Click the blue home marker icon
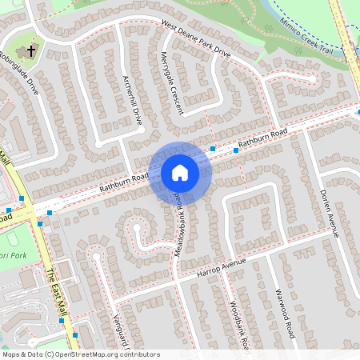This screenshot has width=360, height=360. (179, 173)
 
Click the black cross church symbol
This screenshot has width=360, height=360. (31, 51)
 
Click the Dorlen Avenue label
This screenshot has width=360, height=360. (330, 213)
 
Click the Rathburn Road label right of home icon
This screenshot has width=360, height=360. (263, 138)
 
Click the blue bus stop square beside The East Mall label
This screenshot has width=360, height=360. (62, 320)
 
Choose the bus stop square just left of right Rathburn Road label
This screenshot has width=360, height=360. (236, 150)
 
